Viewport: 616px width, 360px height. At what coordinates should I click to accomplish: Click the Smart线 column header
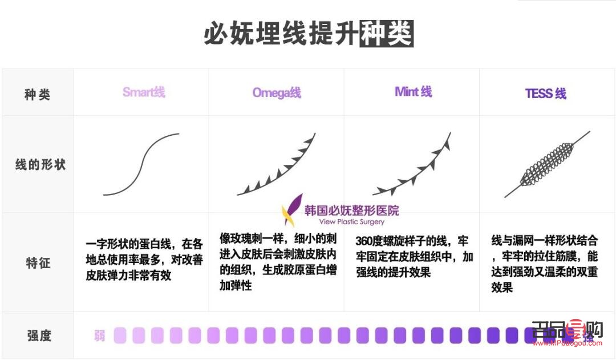(x=144, y=92)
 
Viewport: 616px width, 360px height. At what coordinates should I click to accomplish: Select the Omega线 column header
(x=277, y=93)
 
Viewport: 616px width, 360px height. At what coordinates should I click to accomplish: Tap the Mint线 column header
(x=413, y=92)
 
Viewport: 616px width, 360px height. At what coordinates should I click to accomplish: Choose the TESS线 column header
(x=545, y=94)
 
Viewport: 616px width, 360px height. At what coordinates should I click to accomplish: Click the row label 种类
(x=37, y=95)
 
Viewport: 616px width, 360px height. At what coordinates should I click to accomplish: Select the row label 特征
(x=38, y=263)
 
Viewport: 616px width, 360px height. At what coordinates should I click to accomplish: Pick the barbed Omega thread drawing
(x=277, y=165)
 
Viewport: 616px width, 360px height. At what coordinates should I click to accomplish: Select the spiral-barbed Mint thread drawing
(x=412, y=165)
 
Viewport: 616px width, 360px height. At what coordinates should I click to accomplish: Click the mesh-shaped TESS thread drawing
(x=546, y=165)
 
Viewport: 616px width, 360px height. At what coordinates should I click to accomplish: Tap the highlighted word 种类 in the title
(x=386, y=34)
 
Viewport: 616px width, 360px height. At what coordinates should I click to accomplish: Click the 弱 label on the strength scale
(x=100, y=335)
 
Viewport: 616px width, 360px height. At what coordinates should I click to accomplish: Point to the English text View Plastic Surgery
(x=352, y=222)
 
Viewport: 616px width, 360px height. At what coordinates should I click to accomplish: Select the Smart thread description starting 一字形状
(x=140, y=260)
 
